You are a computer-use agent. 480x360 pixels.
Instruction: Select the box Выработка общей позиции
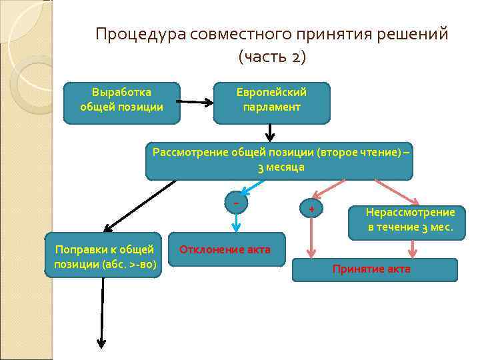point(121,103)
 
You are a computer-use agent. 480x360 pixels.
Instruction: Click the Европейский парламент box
point(271,103)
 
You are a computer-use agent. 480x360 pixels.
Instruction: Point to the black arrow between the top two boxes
point(196,103)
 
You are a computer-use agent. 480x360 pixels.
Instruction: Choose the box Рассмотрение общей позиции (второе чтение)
point(280,160)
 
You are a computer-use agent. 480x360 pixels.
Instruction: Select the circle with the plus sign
point(311,208)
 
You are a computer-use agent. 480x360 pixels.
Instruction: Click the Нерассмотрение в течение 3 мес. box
point(409,219)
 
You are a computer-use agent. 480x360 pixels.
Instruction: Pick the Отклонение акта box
point(225,250)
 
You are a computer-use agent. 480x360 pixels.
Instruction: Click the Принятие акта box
point(375,269)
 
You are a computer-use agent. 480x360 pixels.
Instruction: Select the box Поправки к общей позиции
point(104,256)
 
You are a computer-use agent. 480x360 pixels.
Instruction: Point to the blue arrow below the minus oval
point(235,222)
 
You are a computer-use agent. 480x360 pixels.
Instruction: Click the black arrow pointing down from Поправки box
point(102,313)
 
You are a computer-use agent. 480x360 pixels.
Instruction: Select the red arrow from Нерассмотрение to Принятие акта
point(413,248)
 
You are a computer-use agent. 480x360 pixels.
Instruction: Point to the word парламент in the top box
point(272,107)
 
